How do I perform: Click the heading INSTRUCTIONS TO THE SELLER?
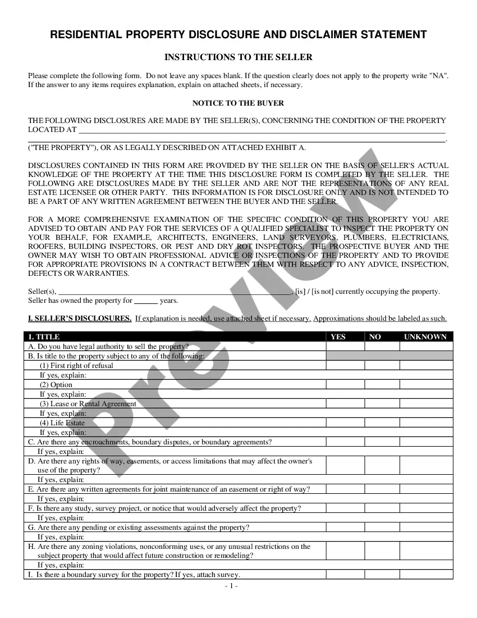(x=238, y=57)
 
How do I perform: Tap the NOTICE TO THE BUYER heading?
(x=238, y=103)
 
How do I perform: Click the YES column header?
(x=338, y=337)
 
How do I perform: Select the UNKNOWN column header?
(x=425, y=337)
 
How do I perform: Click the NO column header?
(x=375, y=337)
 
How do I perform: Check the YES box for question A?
(x=345, y=347)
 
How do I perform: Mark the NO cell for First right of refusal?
(x=382, y=365)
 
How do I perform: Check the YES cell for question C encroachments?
(x=345, y=442)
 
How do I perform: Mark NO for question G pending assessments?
(x=382, y=528)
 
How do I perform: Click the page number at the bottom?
(x=231, y=587)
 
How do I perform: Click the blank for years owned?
(x=146, y=301)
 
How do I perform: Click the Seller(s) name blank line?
(x=175, y=292)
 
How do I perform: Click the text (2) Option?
(x=56, y=385)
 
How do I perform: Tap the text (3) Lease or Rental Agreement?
(x=88, y=404)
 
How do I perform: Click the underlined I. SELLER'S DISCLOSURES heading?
(x=80, y=319)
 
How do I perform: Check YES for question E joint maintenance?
(x=345, y=489)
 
